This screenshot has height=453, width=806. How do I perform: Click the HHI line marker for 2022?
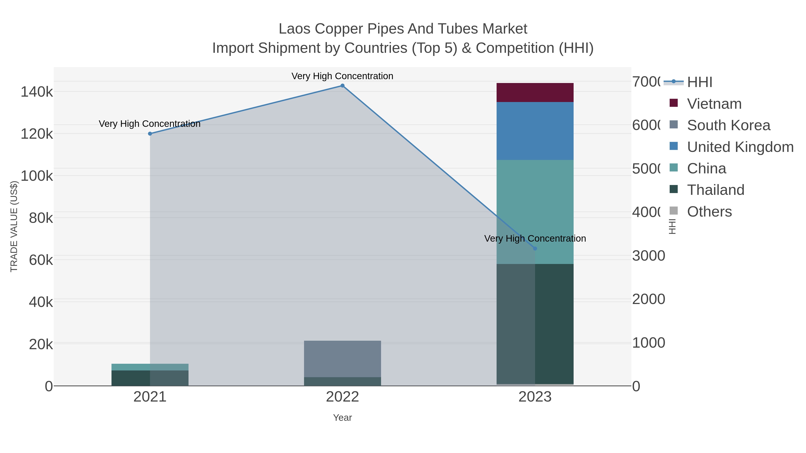click(342, 86)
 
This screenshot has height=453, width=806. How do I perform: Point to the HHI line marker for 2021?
click(150, 134)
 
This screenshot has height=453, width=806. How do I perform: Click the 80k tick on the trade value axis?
click(41, 218)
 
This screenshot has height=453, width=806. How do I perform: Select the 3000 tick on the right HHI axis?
click(648, 256)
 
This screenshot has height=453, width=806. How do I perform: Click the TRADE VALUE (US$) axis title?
click(14, 226)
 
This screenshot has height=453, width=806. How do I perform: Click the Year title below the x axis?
click(342, 418)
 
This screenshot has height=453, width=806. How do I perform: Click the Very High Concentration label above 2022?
click(342, 76)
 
